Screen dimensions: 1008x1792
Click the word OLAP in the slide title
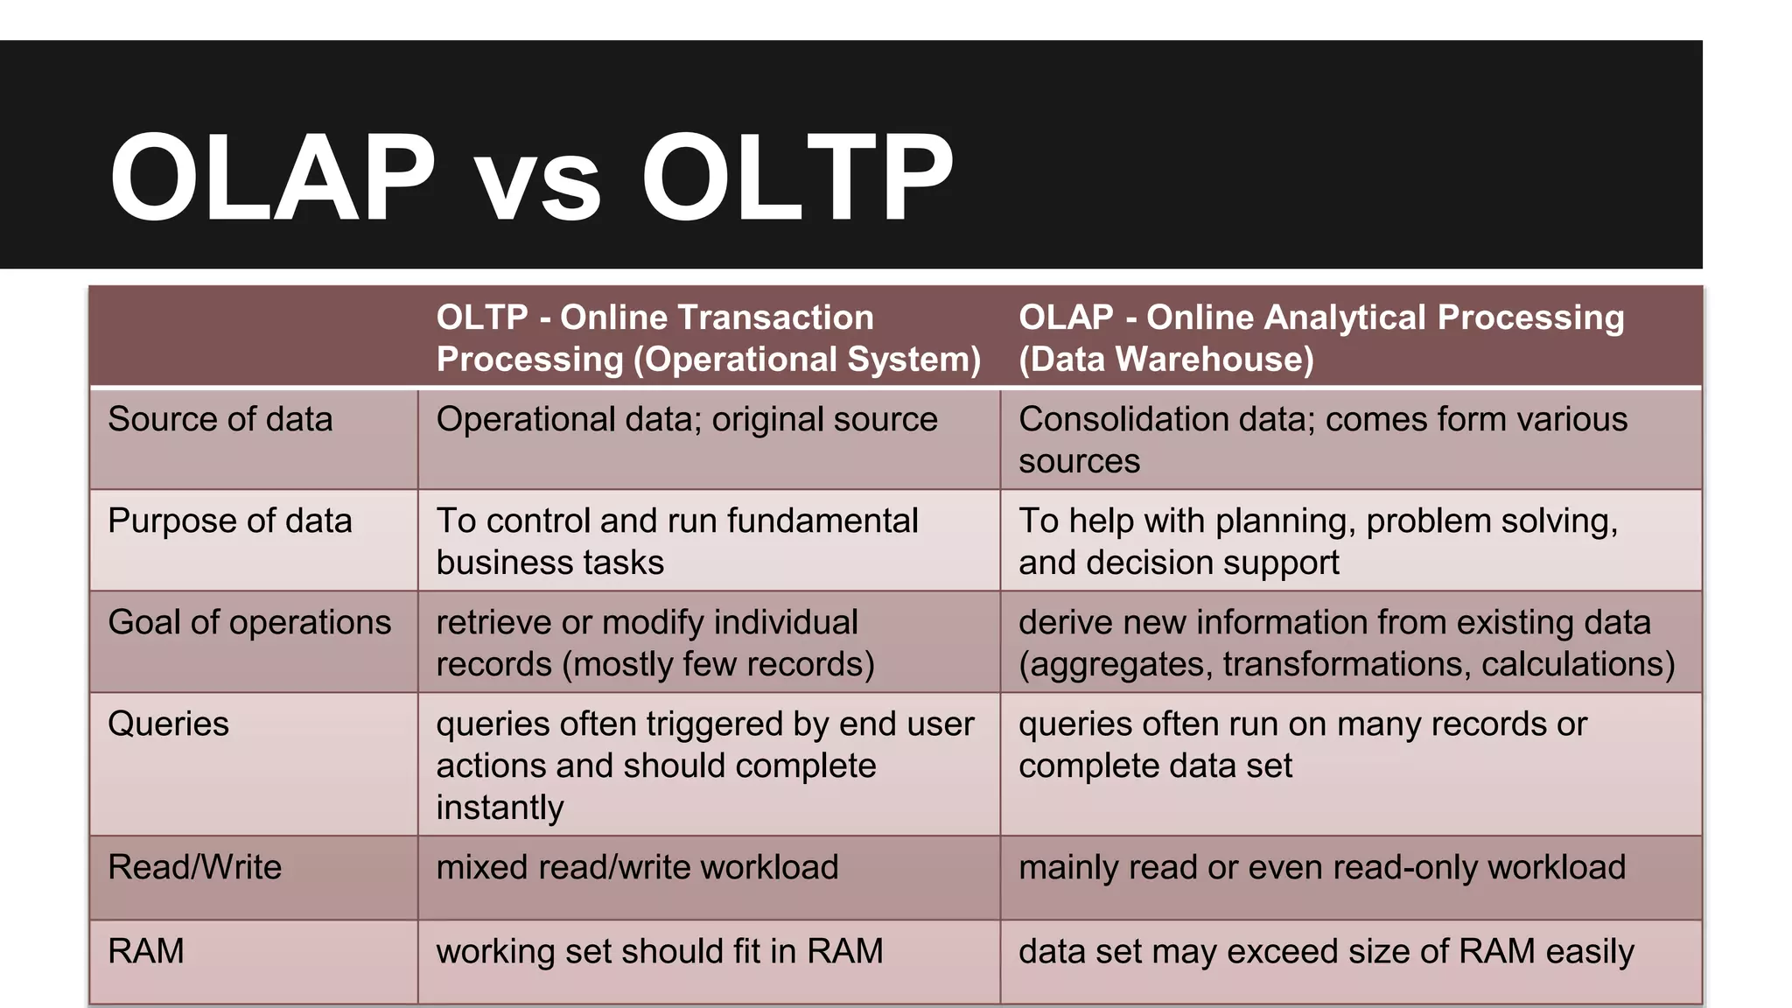(x=271, y=178)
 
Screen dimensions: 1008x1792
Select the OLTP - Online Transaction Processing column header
(x=708, y=338)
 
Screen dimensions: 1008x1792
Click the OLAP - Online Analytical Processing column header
(x=1320, y=338)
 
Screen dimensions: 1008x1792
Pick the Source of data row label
(x=220, y=419)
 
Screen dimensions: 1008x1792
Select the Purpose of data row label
(x=229, y=521)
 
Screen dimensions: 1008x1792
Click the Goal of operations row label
(x=249, y=622)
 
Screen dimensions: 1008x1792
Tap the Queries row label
(x=168, y=724)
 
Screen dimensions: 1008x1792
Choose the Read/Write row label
(x=194, y=867)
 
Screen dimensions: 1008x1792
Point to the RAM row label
(x=146, y=951)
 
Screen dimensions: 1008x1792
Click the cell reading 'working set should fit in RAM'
(x=660, y=951)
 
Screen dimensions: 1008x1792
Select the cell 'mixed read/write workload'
(x=637, y=867)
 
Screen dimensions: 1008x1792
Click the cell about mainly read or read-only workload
(x=1321, y=867)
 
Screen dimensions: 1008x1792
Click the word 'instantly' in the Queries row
(x=500, y=808)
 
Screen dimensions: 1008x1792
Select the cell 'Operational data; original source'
(x=686, y=419)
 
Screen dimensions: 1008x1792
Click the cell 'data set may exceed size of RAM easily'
(x=1326, y=951)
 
